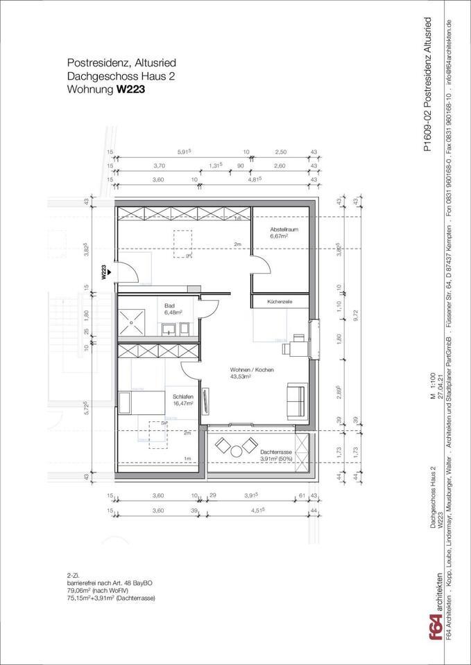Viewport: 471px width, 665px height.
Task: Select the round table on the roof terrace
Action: pos(237,452)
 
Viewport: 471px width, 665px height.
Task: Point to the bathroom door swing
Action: pos(209,309)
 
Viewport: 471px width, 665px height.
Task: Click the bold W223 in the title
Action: pos(131,89)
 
